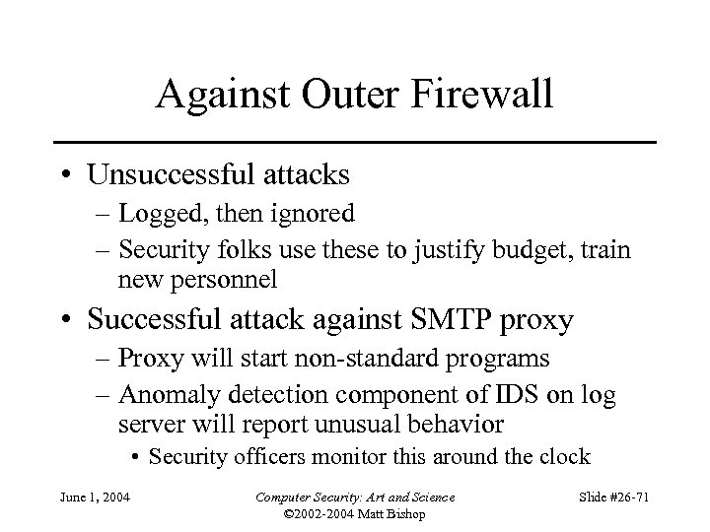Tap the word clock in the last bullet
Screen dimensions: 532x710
pos(562,456)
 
